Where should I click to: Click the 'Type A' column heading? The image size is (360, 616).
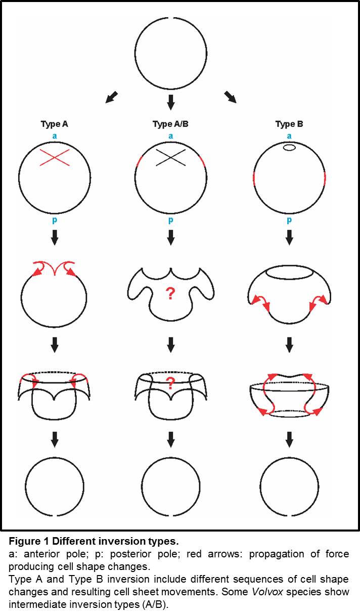tap(54, 124)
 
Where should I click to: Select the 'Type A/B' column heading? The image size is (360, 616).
tap(170, 124)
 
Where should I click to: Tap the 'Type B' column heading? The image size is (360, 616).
tap(289, 124)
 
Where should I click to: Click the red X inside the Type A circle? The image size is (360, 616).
tap(55, 157)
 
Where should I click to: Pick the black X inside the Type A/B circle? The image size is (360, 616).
tap(171, 157)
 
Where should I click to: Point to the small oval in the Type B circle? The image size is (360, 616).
tap(289, 148)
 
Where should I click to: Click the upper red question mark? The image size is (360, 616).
tap(170, 293)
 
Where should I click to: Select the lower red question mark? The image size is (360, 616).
tap(170, 383)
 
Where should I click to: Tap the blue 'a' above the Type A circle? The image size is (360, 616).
tap(55, 136)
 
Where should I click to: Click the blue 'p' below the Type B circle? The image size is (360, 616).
tap(289, 221)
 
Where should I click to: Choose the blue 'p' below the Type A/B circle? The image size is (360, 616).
tap(171, 221)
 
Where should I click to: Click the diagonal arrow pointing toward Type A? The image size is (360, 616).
tap(112, 97)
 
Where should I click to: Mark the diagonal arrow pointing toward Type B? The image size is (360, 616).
tap(230, 97)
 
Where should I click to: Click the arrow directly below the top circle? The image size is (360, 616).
tap(171, 103)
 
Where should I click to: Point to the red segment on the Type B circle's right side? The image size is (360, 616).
tap(325, 178)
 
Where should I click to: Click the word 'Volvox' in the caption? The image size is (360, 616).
tap(267, 592)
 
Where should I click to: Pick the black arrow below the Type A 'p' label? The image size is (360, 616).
tap(55, 237)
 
